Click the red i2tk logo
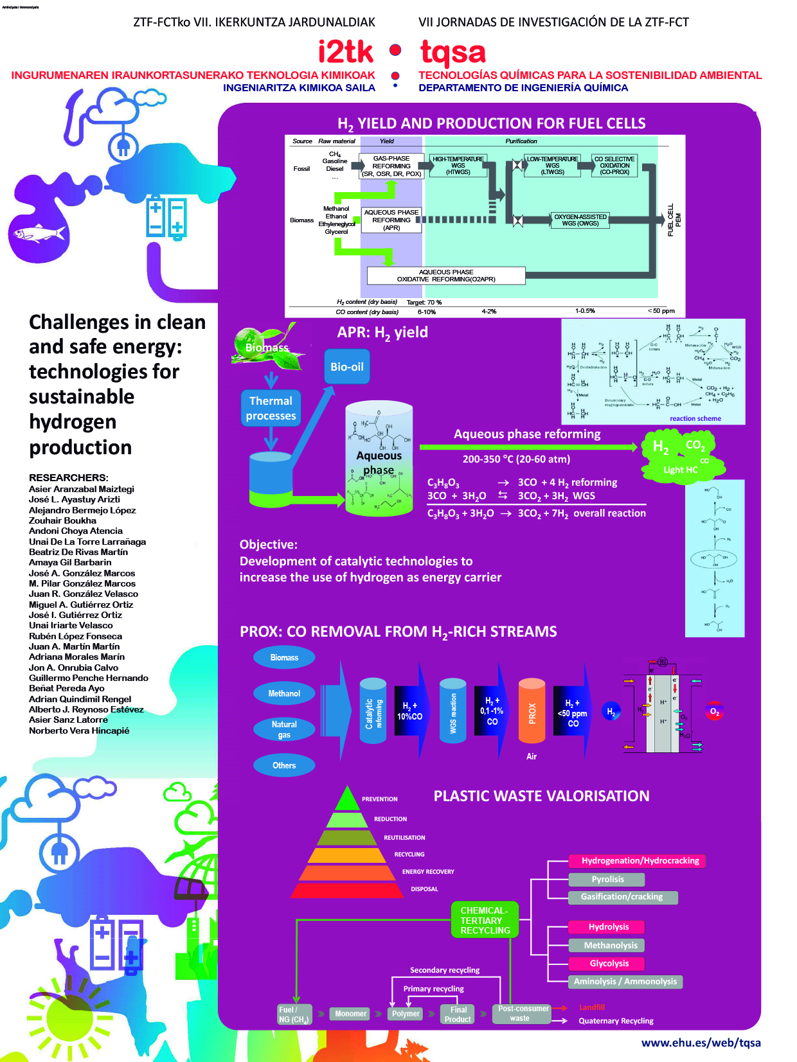(345, 52)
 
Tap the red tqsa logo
(452, 53)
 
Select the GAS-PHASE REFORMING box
(391, 166)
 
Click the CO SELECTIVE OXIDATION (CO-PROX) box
(614, 166)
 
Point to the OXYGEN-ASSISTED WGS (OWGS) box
(580, 220)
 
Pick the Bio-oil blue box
(347, 367)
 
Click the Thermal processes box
(271, 409)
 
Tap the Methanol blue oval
(284, 693)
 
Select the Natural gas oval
(284, 729)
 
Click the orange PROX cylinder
(532, 711)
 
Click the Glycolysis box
(609, 963)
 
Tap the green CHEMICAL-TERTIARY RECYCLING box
(485, 920)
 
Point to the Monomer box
(350, 1014)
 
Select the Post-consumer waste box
(523, 1014)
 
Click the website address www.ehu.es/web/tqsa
(701, 1043)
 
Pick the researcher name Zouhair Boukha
(62, 520)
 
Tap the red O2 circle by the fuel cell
(714, 711)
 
